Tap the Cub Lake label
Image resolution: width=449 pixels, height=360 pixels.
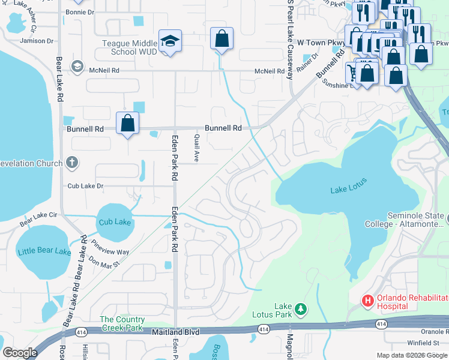tap(115, 222)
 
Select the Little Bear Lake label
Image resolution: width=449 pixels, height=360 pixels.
tap(44, 251)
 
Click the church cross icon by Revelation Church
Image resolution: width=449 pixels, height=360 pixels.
tap(71, 163)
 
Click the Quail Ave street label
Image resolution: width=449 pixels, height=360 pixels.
tap(196, 148)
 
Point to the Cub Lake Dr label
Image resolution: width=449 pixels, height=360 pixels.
tap(85, 186)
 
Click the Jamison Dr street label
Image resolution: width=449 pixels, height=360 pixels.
tap(37, 41)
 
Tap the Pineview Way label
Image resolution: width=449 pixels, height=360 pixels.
tap(110, 248)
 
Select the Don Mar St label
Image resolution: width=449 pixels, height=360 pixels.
tap(104, 260)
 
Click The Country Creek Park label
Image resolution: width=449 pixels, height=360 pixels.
tap(122, 323)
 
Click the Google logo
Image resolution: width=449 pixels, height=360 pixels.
tap(20, 353)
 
